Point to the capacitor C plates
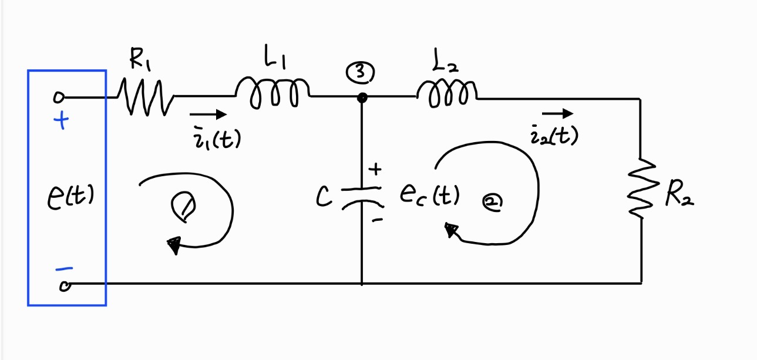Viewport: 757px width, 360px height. point(362,196)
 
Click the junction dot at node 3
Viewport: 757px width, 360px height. point(362,97)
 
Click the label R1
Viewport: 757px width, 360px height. point(141,59)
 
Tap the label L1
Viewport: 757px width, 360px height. point(275,59)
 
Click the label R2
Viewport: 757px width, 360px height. point(679,196)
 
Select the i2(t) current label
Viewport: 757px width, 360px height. point(554,136)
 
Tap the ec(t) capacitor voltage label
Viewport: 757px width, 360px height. point(429,194)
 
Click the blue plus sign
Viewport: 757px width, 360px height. point(61,122)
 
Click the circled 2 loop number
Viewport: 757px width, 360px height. point(491,203)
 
